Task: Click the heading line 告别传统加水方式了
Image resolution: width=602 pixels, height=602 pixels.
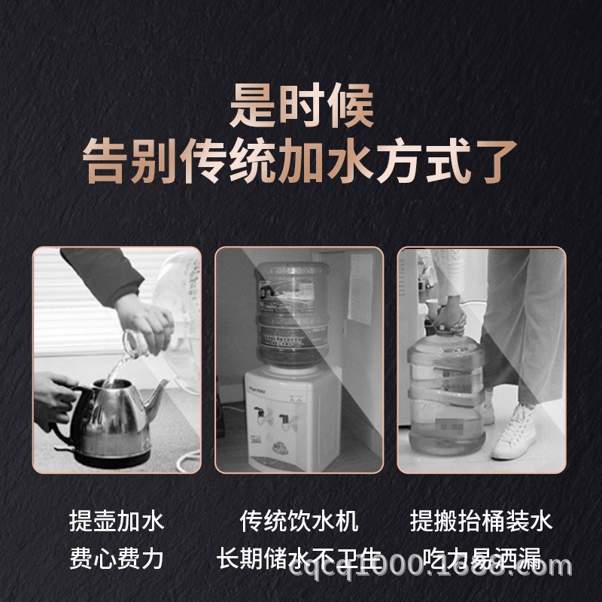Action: coord(301,163)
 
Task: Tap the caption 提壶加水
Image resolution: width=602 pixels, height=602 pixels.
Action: coord(116,521)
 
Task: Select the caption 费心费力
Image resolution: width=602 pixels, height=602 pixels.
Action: coord(116,558)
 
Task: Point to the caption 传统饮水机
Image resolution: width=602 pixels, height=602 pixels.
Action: coord(299,521)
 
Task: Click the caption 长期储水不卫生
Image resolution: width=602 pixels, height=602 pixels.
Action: coord(299,558)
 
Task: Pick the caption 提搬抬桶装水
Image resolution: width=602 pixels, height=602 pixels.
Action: coord(482,521)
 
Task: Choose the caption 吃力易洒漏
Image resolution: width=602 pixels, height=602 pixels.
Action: coord(482,558)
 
